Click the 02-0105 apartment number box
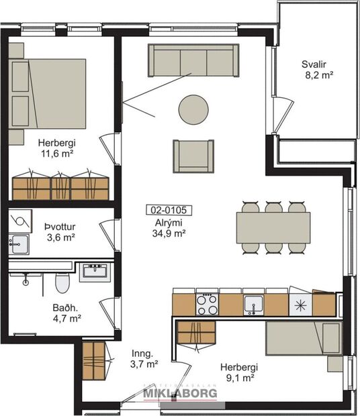(169, 210)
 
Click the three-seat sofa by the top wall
(193, 60)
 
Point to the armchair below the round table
(193, 155)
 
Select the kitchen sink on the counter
(253, 303)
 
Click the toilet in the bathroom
(62, 283)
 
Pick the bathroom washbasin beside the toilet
(93, 272)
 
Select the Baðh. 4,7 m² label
(66, 314)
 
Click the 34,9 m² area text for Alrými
(169, 233)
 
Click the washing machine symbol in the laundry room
(20, 220)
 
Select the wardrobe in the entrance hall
(95, 363)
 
